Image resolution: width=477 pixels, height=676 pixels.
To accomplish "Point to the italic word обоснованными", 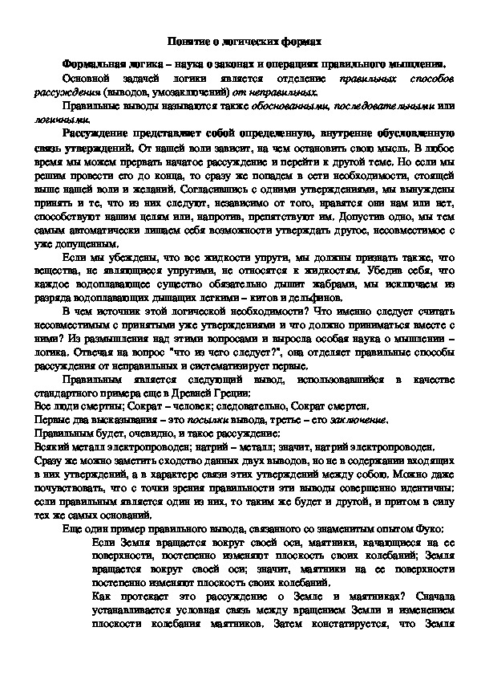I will click(x=295, y=105).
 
